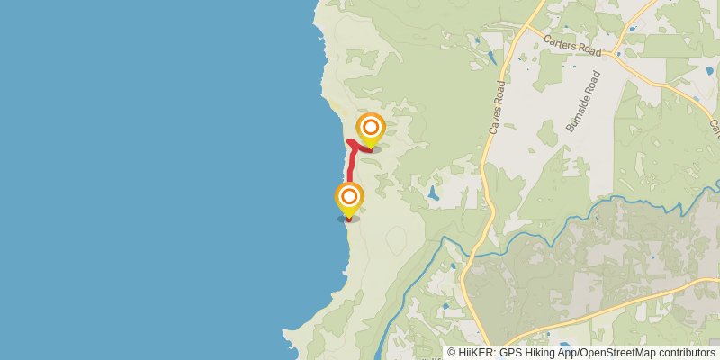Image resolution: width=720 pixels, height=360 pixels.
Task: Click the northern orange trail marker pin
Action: [x=370, y=129]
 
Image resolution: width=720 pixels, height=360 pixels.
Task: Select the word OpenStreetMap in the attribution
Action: [x=625, y=353]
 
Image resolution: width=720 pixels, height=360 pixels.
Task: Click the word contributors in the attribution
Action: [x=688, y=353]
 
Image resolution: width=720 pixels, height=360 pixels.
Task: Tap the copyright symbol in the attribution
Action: [x=451, y=353]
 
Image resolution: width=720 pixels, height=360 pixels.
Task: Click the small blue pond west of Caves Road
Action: [x=434, y=193]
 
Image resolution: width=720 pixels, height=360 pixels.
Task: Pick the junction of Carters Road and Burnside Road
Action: [x=615, y=53]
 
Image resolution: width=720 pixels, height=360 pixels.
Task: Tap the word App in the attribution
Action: [x=567, y=353]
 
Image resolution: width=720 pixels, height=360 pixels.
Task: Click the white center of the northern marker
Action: [x=370, y=127]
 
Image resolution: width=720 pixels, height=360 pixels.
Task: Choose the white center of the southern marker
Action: [x=348, y=196]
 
